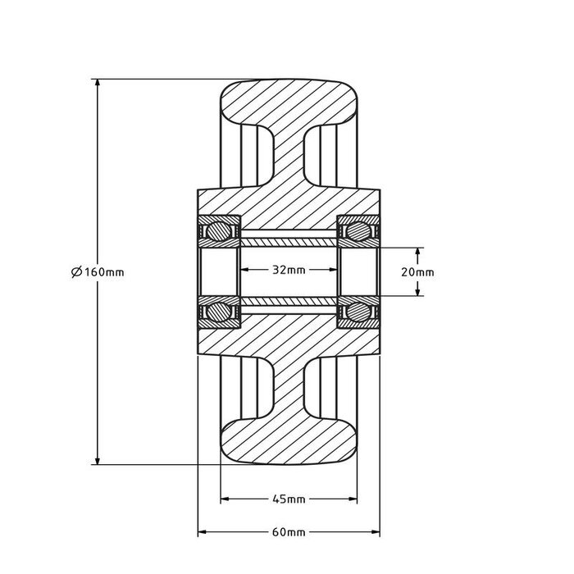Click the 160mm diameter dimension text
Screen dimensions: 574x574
102,272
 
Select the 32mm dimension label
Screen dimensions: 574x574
289,270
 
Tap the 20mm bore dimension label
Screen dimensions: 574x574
419,272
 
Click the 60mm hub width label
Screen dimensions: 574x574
289,531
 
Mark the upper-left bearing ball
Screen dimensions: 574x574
218,230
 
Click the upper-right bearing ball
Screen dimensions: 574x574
358,230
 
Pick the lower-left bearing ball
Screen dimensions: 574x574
218,312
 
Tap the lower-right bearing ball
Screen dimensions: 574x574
358,312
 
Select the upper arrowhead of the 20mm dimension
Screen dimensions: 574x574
419,252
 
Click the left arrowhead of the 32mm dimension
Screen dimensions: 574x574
244,270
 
